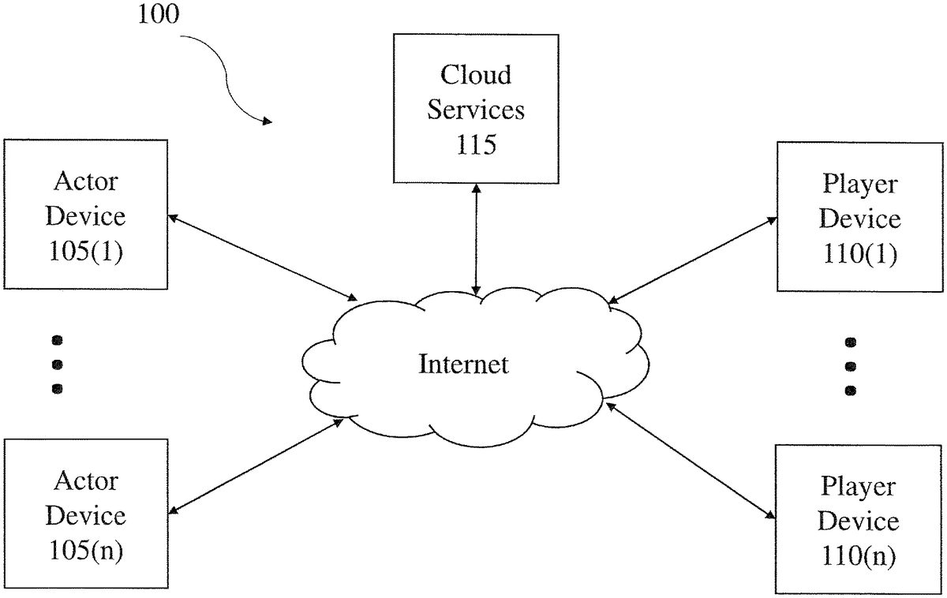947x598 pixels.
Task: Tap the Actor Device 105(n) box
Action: (x=85, y=514)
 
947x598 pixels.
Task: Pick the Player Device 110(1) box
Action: (x=859, y=219)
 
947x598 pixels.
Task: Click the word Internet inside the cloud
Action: (x=463, y=364)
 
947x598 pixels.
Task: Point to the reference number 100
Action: (x=159, y=15)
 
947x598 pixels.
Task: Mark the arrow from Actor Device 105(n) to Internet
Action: (x=257, y=468)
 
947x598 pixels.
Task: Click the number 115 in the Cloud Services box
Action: (x=476, y=144)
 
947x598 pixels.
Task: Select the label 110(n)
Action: (x=858, y=557)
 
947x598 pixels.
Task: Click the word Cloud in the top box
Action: (x=476, y=75)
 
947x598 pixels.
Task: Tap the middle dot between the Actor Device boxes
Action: (x=56, y=364)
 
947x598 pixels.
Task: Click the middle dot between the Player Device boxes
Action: (x=851, y=366)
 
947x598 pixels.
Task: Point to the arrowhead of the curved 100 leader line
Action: (x=268, y=121)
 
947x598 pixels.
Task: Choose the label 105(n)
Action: (x=85, y=551)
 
